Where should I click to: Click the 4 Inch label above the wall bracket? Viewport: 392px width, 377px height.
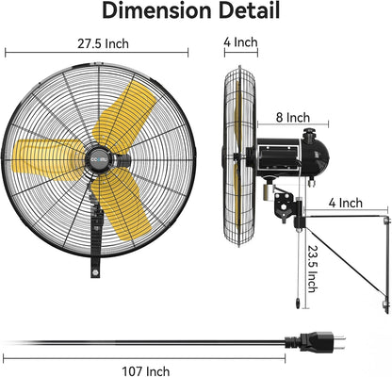click(345, 202)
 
